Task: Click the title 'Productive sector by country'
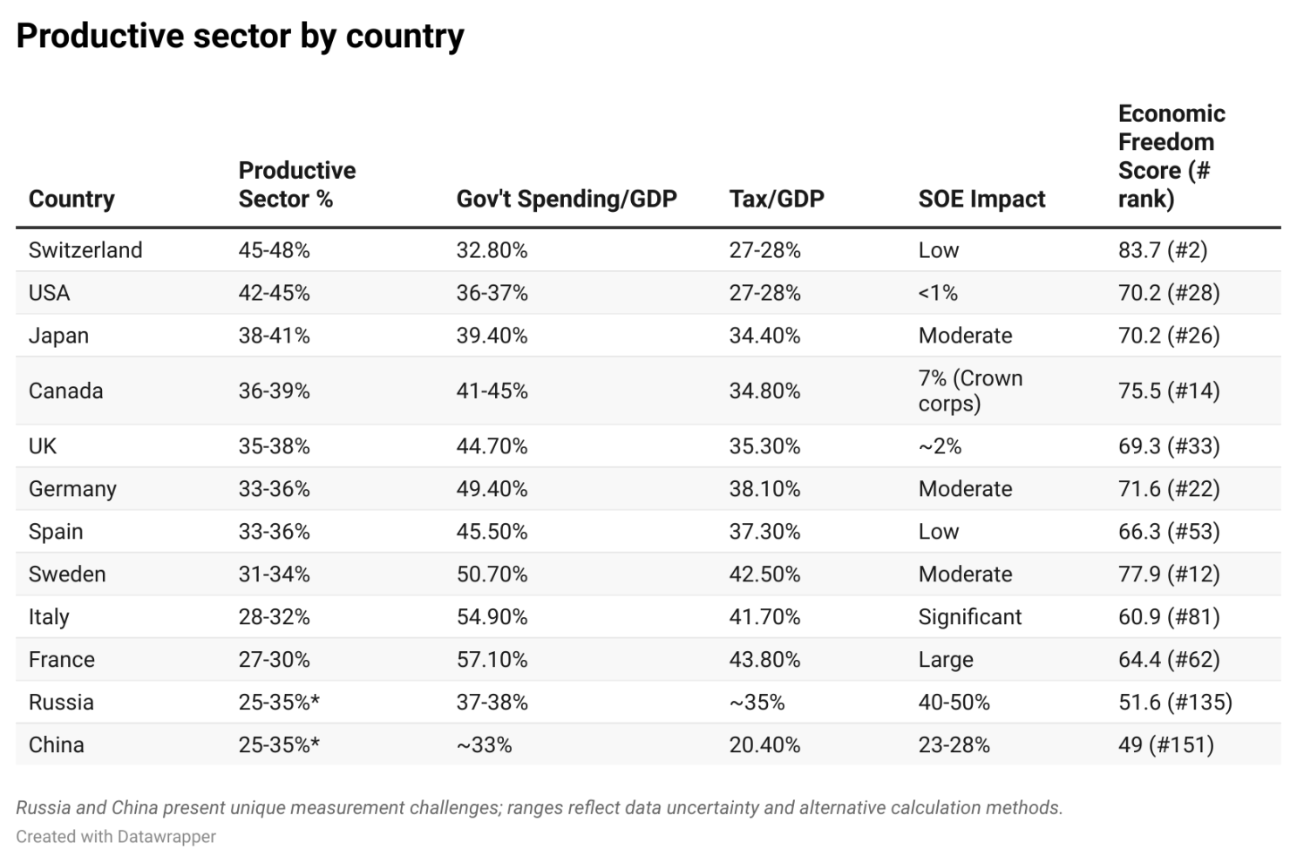click(x=240, y=37)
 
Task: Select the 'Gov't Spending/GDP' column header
click(x=566, y=199)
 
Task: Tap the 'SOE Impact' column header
click(x=981, y=199)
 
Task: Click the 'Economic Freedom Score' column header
click(x=1171, y=156)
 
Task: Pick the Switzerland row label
click(x=85, y=250)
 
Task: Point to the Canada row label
click(x=66, y=391)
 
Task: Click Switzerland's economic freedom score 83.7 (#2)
click(x=1162, y=250)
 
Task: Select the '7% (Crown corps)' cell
click(x=970, y=391)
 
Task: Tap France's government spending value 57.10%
click(x=492, y=660)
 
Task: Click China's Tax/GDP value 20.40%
click(x=764, y=745)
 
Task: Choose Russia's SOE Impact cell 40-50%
click(x=954, y=703)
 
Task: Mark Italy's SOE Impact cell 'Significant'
click(x=969, y=617)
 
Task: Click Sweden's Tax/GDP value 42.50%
click(x=764, y=574)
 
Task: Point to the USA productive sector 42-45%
click(x=274, y=293)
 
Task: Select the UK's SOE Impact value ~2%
click(x=940, y=446)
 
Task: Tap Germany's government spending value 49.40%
click(x=492, y=489)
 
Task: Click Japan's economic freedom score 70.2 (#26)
click(x=1168, y=336)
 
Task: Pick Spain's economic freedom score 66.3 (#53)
click(x=1168, y=532)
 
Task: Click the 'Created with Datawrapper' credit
click(x=116, y=837)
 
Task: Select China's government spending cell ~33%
click(x=484, y=745)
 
